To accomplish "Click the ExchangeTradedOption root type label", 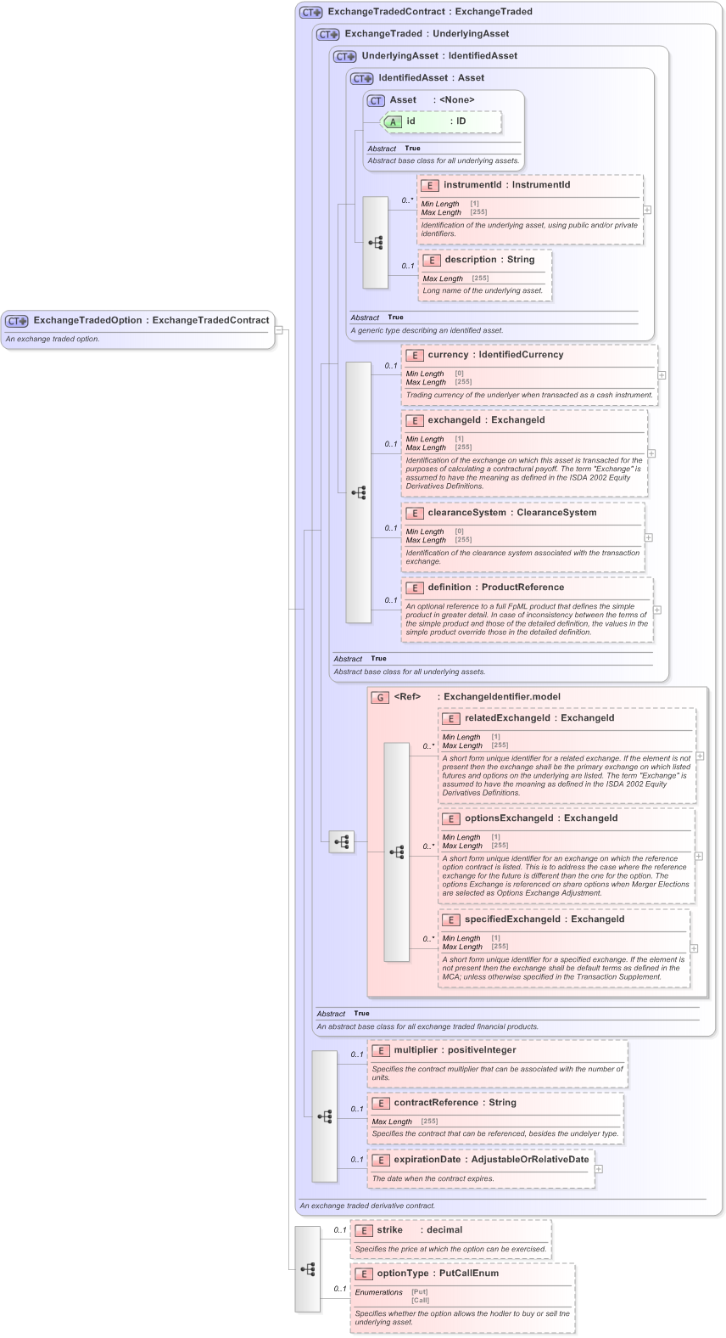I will tap(151, 320).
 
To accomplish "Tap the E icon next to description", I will tap(431, 261).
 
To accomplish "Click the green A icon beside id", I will tap(393, 121).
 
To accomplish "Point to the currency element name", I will tap(448, 355).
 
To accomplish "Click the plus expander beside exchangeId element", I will tap(651, 453).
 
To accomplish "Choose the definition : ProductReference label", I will tap(495, 587).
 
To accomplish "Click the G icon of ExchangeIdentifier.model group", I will tap(380, 697).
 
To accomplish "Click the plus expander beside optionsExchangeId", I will tap(699, 856).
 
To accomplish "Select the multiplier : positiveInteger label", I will tap(455, 1050).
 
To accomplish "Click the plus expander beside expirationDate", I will tap(599, 1169).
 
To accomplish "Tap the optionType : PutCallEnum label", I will tap(438, 1273).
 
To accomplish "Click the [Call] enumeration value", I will tap(420, 1301).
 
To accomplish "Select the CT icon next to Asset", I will tap(376, 100).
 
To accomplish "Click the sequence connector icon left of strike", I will tap(308, 1269).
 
